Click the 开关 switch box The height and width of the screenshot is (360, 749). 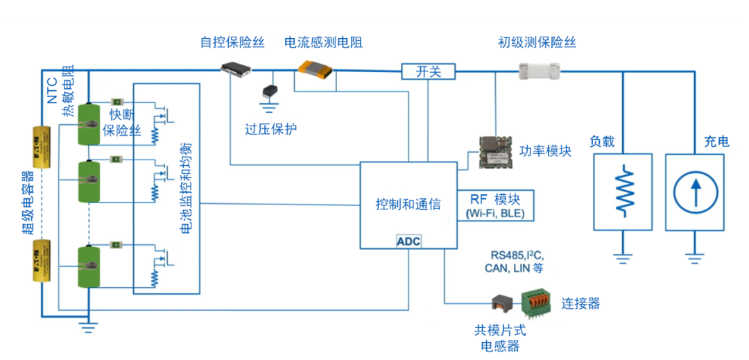428,71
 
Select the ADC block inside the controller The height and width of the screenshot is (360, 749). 408,241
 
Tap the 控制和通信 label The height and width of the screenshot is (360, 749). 408,204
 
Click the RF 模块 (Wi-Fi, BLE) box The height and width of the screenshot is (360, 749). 495,205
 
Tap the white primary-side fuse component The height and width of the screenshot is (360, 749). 540,68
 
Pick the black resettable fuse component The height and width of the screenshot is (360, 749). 236,68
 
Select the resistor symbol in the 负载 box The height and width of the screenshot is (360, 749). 623,188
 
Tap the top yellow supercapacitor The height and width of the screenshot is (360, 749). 40,148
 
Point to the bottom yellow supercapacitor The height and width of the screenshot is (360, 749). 40,261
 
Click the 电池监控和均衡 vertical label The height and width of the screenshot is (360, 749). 187,187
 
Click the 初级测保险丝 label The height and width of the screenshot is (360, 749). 537,42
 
